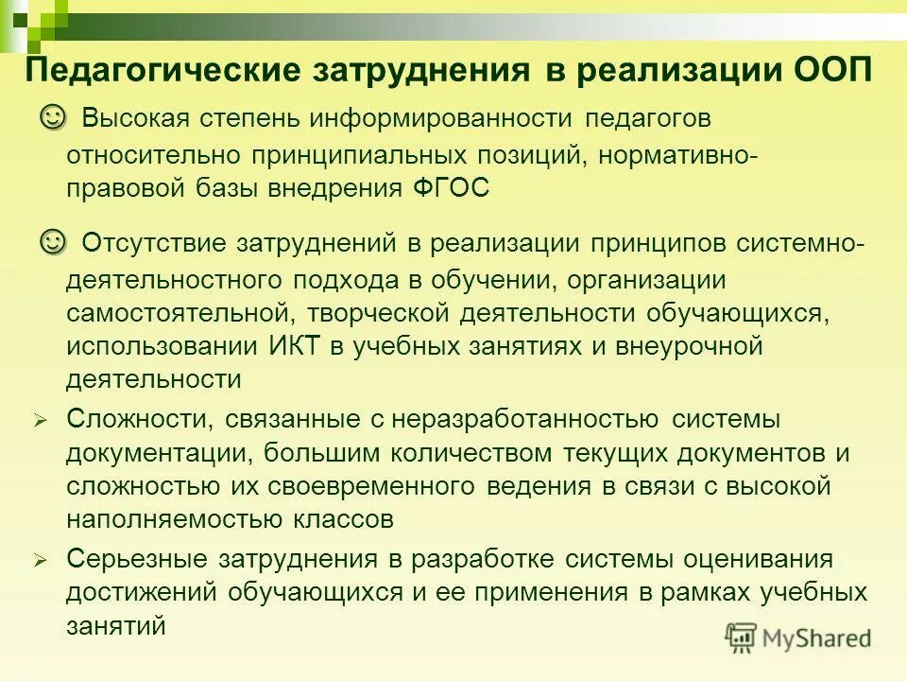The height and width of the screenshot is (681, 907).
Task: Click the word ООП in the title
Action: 829,71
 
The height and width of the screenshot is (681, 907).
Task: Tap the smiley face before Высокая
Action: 54,117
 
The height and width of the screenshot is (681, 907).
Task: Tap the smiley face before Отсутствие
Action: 54,241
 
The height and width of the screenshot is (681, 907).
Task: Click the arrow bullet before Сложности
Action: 40,421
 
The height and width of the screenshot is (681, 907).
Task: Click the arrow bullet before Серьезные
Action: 40,560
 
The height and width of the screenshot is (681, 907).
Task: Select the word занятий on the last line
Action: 116,626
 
